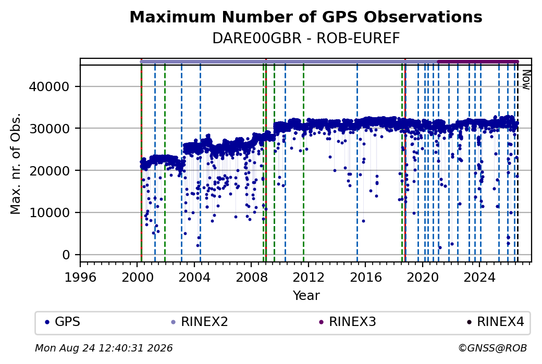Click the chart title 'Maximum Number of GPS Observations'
tap(306, 17)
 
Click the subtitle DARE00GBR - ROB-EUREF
tap(306, 39)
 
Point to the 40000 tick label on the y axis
tap(50, 86)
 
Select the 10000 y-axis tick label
tap(50, 213)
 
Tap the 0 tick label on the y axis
tap(66, 255)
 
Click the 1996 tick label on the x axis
tap(81, 278)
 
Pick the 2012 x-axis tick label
tap(309, 278)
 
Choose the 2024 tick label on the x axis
tap(479, 278)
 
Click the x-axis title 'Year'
tap(306, 296)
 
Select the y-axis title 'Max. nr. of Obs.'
tap(16, 164)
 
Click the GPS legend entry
tap(63, 322)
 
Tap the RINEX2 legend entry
tap(200, 322)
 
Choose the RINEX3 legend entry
tap(348, 322)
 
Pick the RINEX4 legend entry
tap(495, 322)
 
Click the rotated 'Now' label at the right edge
tap(526, 80)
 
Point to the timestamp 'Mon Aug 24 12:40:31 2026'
tap(104, 348)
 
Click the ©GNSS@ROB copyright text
tap(492, 348)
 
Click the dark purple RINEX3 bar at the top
tap(478, 62)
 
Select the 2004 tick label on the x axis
tap(194, 278)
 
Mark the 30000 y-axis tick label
tap(50, 129)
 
